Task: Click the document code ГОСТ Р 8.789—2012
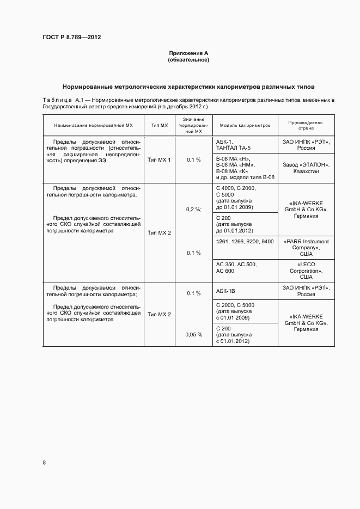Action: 71,37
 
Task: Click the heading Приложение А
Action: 188,53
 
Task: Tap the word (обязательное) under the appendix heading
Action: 188,60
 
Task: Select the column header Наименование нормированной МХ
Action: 94,125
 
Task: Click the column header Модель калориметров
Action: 245,125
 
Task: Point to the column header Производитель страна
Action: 306,125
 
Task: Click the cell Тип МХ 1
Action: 159,160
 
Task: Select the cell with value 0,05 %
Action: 194,334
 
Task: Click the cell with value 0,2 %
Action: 194,209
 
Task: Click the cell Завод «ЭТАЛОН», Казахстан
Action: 306,167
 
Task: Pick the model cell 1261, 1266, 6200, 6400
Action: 245,241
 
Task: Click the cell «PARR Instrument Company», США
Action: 306,247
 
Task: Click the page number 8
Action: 44,463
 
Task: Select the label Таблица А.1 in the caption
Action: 62,101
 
